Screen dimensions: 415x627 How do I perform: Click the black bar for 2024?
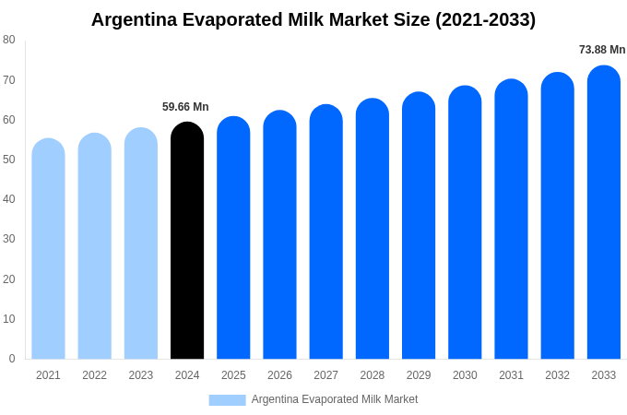coord(187,242)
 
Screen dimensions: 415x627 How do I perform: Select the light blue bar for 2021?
coord(48,249)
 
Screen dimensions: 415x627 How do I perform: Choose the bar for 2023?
coord(141,243)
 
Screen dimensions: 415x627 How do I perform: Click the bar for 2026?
coord(279,235)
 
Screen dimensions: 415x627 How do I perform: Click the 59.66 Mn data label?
coord(185,107)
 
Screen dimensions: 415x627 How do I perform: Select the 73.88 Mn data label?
coord(602,50)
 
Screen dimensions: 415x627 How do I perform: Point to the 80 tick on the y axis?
coord(9,40)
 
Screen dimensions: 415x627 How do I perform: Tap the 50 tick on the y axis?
coord(9,160)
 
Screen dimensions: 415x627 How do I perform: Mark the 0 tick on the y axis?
coord(12,359)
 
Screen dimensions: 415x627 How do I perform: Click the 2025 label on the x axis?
coord(233,375)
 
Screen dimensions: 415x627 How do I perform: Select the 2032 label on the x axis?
coord(557,375)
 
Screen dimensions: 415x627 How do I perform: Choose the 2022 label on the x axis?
coord(94,375)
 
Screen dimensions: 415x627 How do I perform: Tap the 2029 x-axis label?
coord(419,375)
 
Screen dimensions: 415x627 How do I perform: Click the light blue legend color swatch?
coord(227,400)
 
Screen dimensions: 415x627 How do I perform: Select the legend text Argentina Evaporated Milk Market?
coord(335,399)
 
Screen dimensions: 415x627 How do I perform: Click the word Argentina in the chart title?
coord(135,19)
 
